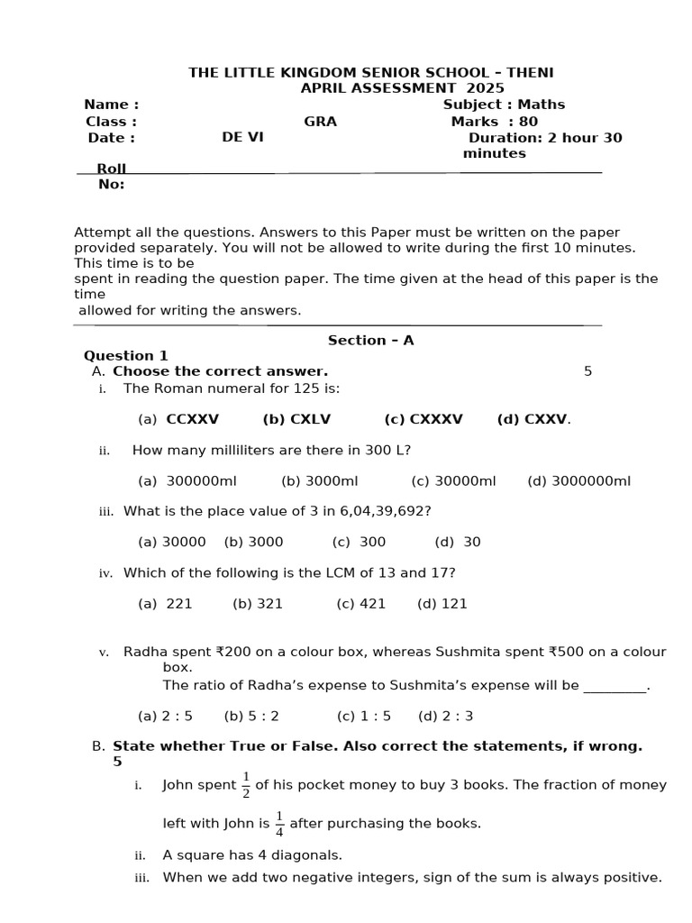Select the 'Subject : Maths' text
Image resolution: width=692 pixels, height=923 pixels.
pyautogui.click(x=504, y=105)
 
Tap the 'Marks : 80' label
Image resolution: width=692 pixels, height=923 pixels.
pyautogui.click(x=494, y=122)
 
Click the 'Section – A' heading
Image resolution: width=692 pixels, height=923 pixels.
pyautogui.click(x=370, y=340)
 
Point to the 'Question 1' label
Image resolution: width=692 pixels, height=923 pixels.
pyautogui.click(x=126, y=355)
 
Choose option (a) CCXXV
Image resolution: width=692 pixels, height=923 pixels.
pyautogui.click(x=178, y=419)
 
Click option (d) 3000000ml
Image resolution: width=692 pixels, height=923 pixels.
pyautogui.click(x=578, y=480)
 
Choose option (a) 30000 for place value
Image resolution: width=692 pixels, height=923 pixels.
pyautogui.click(x=171, y=542)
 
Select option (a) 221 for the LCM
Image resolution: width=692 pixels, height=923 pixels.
pyautogui.click(x=165, y=604)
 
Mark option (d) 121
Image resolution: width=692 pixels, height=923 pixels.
pyautogui.click(x=442, y=604)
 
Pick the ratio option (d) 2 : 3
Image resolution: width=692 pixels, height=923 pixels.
pyautogui.click(x=445, y=716)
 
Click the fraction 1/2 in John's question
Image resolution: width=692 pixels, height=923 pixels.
pyautogui.click(x=246, y=786)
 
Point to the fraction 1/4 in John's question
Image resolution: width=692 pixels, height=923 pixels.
pyautogui.click(x=279, y=824)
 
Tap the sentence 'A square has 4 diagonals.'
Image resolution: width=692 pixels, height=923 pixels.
pyautogui.click(x=252, y=854)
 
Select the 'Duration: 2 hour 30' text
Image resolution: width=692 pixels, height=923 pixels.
pyautogui.click(x=544, y=138)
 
